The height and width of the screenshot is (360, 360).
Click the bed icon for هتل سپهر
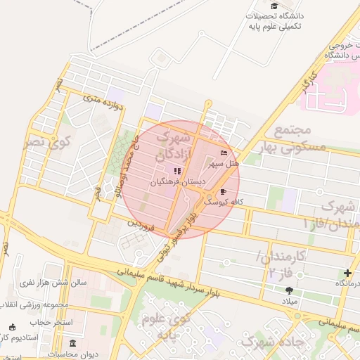[224, 153]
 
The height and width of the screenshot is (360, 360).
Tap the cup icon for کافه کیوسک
[224, 191]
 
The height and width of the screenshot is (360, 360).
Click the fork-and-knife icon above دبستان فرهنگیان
[178, 171]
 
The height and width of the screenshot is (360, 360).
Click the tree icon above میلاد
[289, 290]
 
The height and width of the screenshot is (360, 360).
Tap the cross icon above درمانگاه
[347, 273]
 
